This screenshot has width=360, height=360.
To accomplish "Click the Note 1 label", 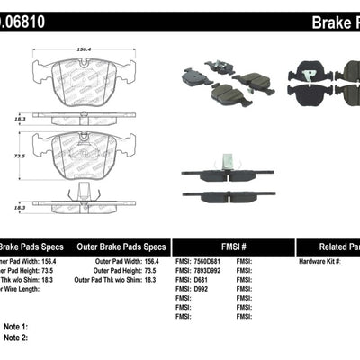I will tap(16, 327).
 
